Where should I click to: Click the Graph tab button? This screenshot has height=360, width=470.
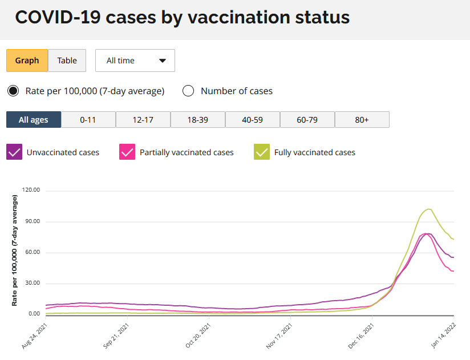tap(27, 60)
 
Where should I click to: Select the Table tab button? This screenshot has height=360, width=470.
tap(67, 60)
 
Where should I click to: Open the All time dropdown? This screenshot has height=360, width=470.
tap(135, 60)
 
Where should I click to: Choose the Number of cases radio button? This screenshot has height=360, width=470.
tap(188, 91)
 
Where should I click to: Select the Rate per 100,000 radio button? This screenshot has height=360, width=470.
tap(13, 91)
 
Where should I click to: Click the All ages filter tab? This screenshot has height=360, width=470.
tap(34, 120)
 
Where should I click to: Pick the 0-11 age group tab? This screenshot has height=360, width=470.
tap(88, 120)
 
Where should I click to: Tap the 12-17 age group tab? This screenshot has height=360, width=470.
tap(143, 120)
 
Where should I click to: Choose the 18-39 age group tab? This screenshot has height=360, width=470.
tap(198, 120)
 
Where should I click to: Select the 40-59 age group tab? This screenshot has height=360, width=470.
tap(253, 120)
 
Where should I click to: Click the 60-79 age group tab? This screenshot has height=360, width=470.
tap(307, 120)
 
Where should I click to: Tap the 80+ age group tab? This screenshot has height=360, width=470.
tap(362, 120)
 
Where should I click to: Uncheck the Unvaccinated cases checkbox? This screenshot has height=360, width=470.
tap(14, 152)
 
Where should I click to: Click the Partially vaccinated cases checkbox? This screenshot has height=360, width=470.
tap(127, 152)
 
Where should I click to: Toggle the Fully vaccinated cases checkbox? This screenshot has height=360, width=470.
tap(262, 152)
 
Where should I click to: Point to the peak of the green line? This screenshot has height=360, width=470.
tap(428, 209)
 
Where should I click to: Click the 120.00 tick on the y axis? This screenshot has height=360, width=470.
tap(31, 191)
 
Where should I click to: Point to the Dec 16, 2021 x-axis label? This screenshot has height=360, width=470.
tap(362, 337)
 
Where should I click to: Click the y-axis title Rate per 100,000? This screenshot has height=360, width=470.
tap(15, 250)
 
